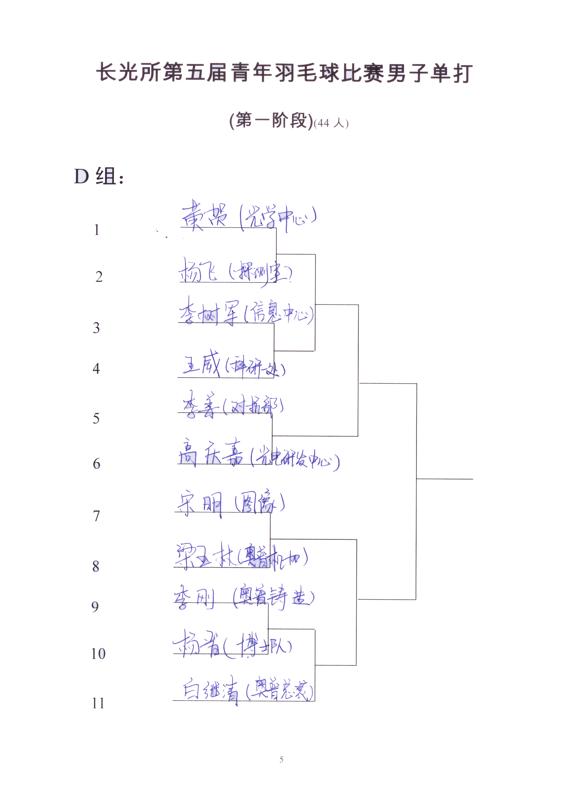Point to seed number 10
tap(98, 654)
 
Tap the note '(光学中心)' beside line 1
tap(278, 217)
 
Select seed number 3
tap(96, 328)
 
